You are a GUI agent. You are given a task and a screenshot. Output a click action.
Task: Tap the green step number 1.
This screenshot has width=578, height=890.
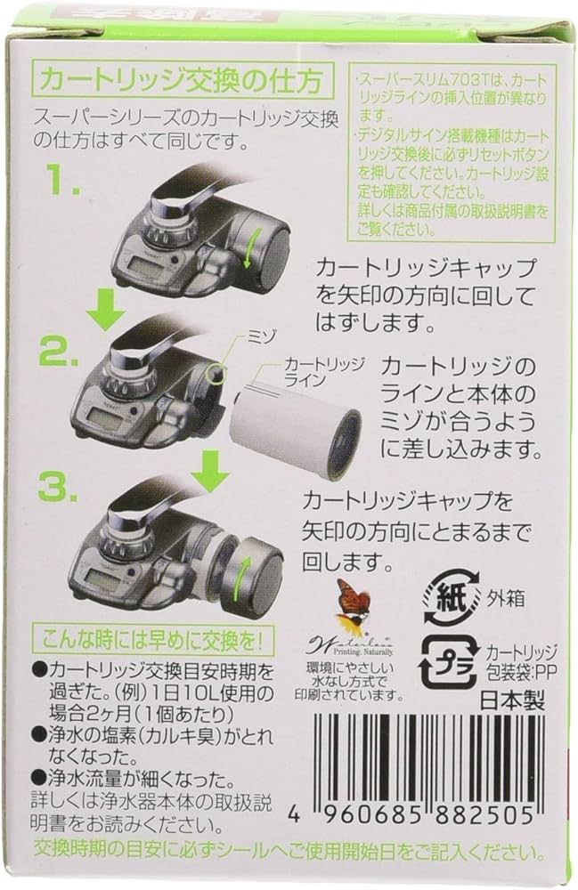click(64, 185)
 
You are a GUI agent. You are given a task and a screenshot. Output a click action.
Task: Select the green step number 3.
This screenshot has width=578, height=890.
click(64, 487)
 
